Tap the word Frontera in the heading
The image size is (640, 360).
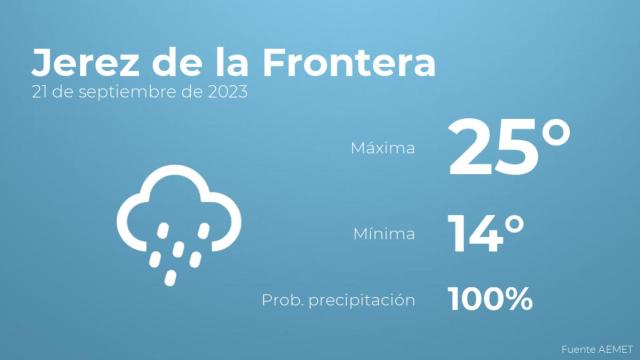(350, 62)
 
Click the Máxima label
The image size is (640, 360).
(382, 149)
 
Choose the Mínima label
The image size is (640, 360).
(383, 235)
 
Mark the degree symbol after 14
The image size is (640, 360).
(514, 224)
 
